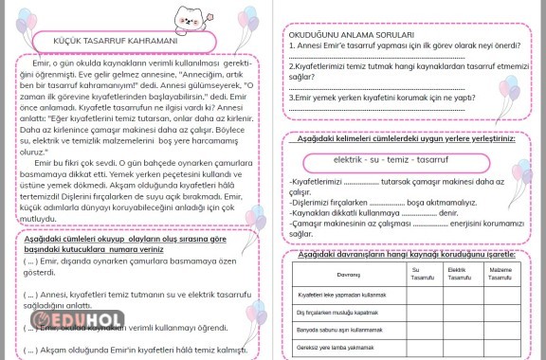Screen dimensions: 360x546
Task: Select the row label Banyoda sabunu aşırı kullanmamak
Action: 343,330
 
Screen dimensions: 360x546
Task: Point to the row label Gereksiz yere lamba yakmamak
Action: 336,348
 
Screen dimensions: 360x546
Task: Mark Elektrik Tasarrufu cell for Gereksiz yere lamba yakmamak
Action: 461,348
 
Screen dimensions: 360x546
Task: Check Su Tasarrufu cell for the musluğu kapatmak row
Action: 423,312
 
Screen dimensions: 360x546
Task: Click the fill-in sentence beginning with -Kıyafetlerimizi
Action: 395,182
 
